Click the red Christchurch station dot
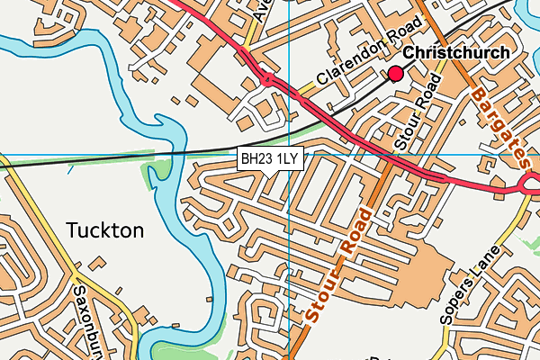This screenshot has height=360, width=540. [x=395, y=73]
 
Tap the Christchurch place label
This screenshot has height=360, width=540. [x=456, y=53]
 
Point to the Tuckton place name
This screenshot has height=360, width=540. [x=104, y=230]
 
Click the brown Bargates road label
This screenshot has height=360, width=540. [x=498, y=123]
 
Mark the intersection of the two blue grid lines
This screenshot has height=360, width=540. [x=288, y=154]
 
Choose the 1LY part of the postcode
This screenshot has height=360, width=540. [x=286, y=158]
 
